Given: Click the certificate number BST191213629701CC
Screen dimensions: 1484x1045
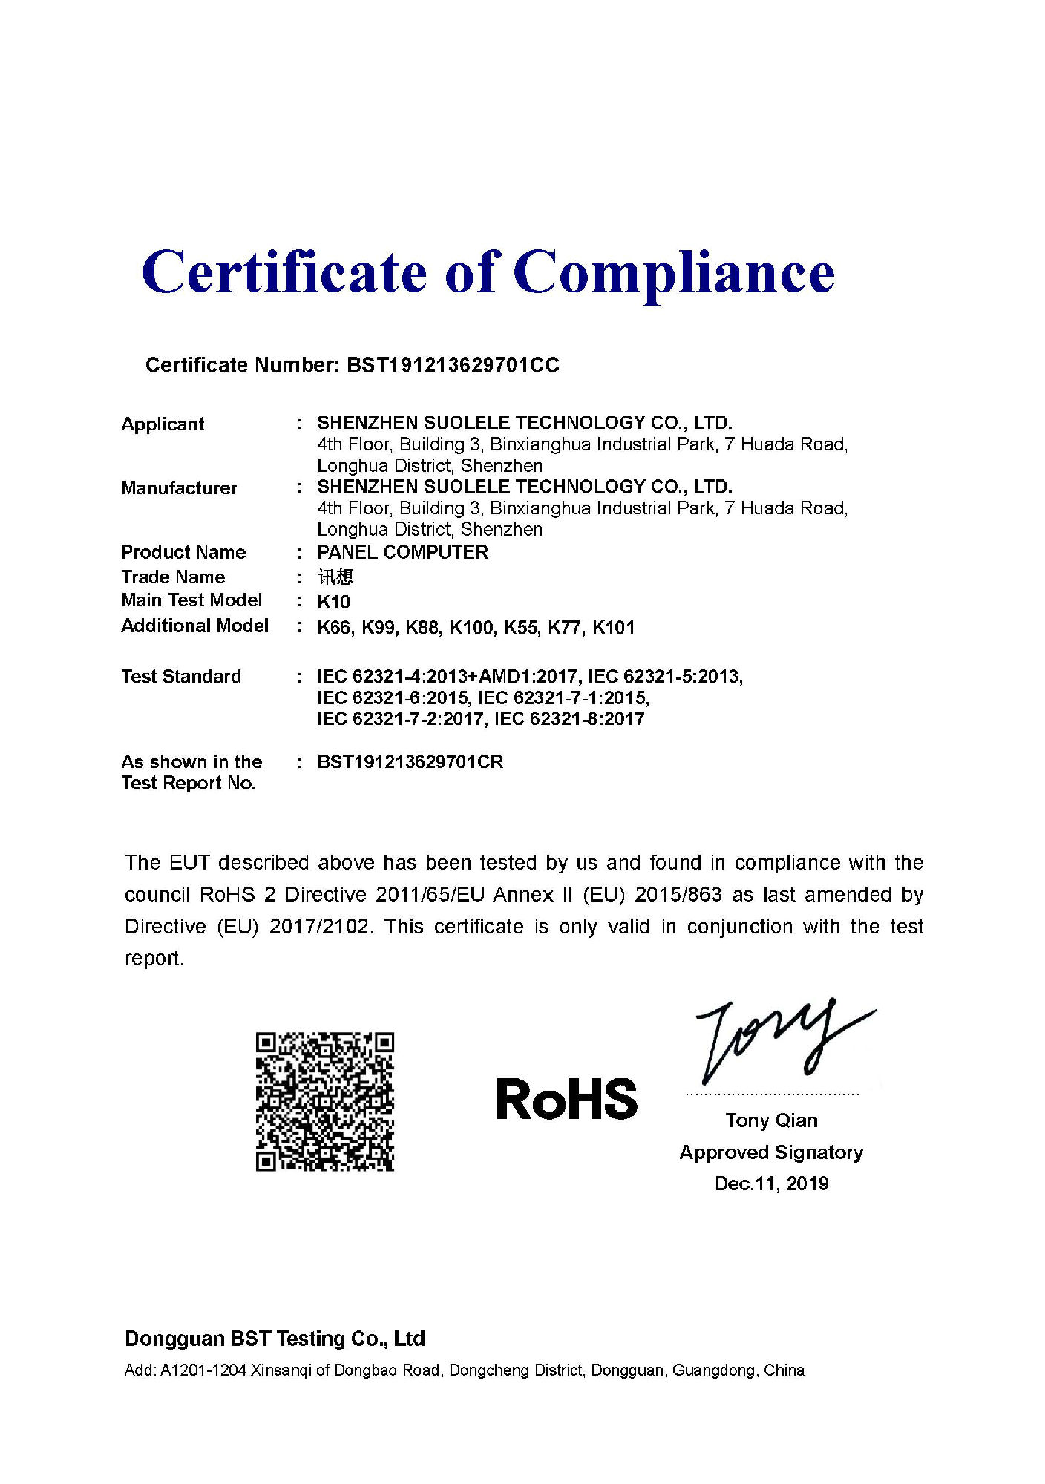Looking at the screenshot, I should click(453, 365).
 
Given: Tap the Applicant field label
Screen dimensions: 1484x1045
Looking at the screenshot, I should click(163, 424).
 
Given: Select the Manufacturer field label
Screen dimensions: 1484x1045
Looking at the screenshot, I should click(179, 488).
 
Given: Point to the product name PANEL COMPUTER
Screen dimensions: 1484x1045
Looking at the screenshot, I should click(402, 552).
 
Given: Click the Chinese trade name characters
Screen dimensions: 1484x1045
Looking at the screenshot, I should click(335, 577).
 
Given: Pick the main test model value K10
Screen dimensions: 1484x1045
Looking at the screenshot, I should click(333, 602).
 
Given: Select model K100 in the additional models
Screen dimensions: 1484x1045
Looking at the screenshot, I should click(471, 628).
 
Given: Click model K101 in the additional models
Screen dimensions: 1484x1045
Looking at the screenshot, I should click(613, 628).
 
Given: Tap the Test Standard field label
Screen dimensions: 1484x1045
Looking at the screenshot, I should click(181, 677).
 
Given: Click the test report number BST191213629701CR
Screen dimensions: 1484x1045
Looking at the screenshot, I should click(410, 762).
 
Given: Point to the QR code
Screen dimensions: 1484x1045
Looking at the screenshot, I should click(324, 1101).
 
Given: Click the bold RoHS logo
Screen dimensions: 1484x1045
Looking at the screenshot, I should click(566, 1099).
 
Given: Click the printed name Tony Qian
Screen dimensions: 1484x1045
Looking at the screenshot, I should click(771, 1120).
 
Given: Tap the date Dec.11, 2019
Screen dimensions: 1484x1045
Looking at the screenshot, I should click(771, 1183).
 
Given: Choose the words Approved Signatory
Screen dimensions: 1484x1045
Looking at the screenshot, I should click(771, 1152).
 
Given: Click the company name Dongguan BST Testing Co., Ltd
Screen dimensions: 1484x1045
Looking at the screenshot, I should click(275, 1339).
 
